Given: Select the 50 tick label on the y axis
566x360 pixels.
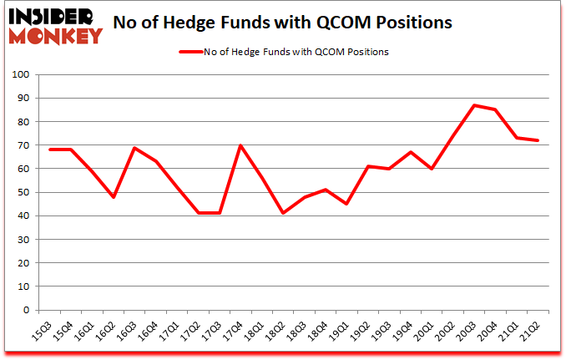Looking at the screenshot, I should point(23,192).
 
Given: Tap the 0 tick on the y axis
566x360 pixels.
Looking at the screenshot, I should point(26,310).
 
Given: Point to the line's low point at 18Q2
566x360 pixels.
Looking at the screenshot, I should point(284,213).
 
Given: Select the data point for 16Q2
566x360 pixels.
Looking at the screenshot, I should point(114,197).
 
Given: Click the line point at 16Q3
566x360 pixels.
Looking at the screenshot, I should point(135,148).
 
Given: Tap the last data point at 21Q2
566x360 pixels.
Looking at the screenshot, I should point(539,140).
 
